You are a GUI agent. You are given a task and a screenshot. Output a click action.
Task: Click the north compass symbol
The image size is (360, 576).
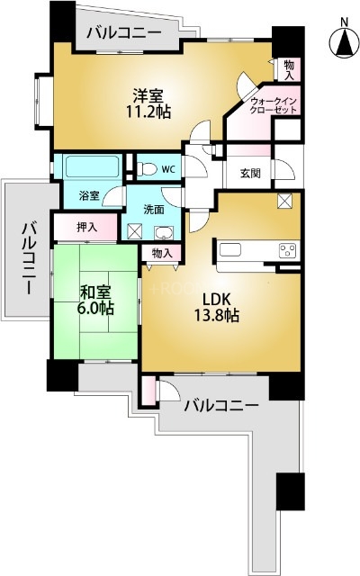[343, 40]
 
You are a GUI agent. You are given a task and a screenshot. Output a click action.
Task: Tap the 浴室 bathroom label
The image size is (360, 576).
[88, 195]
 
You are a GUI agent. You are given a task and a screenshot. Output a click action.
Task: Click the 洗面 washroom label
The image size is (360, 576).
[155, 209]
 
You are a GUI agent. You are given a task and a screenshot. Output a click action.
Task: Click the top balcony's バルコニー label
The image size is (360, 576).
[124, 34]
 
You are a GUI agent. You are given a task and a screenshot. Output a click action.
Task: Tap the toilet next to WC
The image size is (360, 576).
[143, 166]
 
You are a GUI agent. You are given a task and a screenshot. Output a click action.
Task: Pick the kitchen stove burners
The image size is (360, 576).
[287, 250]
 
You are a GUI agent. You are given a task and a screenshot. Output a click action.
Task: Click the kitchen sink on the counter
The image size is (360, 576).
[231, 249]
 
